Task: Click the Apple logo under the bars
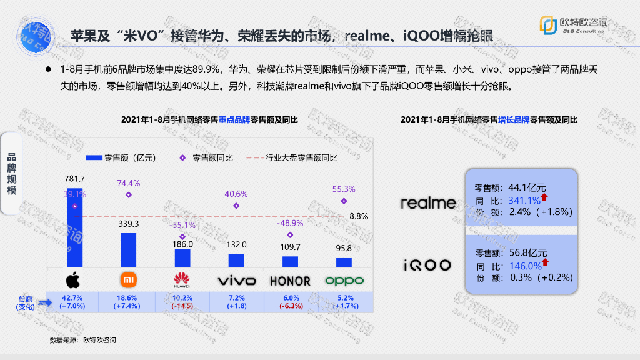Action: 74,279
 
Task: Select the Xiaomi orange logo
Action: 128,279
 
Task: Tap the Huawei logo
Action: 182,279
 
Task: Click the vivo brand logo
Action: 236,280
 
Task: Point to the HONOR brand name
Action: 290,280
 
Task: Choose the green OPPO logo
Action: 344,280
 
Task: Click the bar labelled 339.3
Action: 128,251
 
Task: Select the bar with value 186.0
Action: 182,258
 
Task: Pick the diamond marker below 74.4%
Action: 129,195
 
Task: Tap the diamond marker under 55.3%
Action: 344,201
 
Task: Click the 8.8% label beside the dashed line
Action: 358,216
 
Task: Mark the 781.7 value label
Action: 74,179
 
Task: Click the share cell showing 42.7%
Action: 74,302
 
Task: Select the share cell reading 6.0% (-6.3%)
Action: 291,302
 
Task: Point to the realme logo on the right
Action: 428,202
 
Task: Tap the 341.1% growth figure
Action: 525,201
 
